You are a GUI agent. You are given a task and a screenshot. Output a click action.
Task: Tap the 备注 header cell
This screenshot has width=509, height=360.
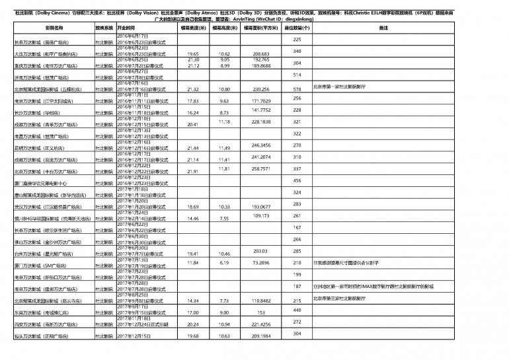click(x=383, y=30)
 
